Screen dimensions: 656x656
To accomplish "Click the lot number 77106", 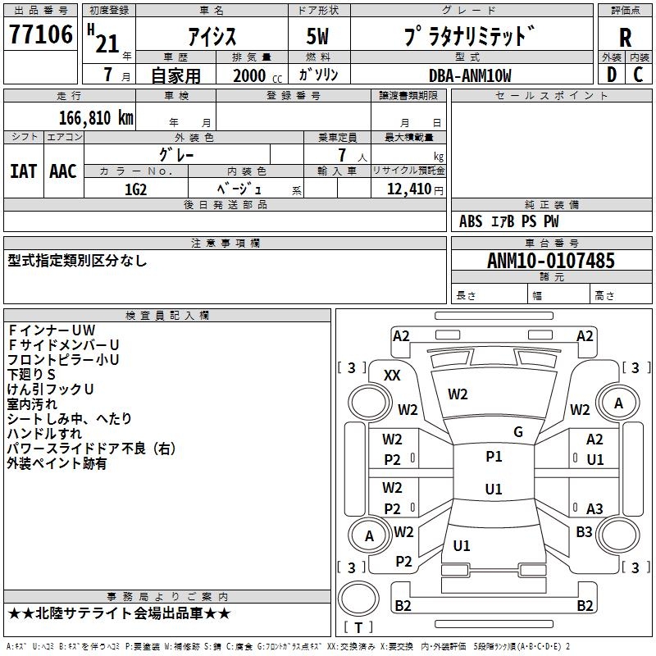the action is tap(41, 34).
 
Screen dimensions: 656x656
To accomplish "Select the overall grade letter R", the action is tap(625, 38).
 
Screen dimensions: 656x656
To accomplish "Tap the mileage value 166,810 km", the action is tap(96, 118).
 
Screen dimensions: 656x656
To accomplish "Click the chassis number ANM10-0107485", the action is tap(551, 260).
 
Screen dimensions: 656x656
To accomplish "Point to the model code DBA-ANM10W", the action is tap(470, 75).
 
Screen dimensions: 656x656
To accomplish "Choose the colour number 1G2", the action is tap(135, 189).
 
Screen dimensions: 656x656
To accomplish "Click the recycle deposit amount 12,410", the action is tap(408, 189).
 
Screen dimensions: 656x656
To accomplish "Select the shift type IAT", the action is tap(23, 171).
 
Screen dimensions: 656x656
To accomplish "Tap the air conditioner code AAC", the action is tap(63, 171).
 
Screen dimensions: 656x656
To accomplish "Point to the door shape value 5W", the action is tap(317, 36).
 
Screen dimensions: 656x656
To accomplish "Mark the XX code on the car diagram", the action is tap(392, 376).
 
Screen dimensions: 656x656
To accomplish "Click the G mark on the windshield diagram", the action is tap(518, 432).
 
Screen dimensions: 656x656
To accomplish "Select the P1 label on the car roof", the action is tap(494, 457).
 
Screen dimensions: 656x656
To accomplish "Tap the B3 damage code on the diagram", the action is tap(584, 531).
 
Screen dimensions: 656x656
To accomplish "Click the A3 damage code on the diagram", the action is tap(594, 508).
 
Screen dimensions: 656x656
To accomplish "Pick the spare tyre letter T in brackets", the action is tap(358, 627).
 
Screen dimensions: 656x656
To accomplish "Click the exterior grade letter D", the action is tap(611, 75).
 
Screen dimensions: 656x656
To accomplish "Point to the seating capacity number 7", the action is tap(342, 155).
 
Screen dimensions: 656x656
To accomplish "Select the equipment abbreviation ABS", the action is tap(471, 221).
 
